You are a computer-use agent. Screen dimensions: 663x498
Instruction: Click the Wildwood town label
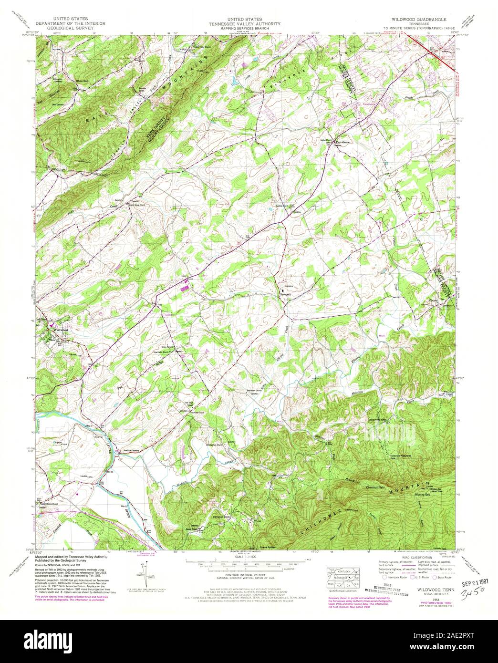click(x=61, y=330)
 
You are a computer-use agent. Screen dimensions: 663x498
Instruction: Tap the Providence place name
click(x=342, y=142)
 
